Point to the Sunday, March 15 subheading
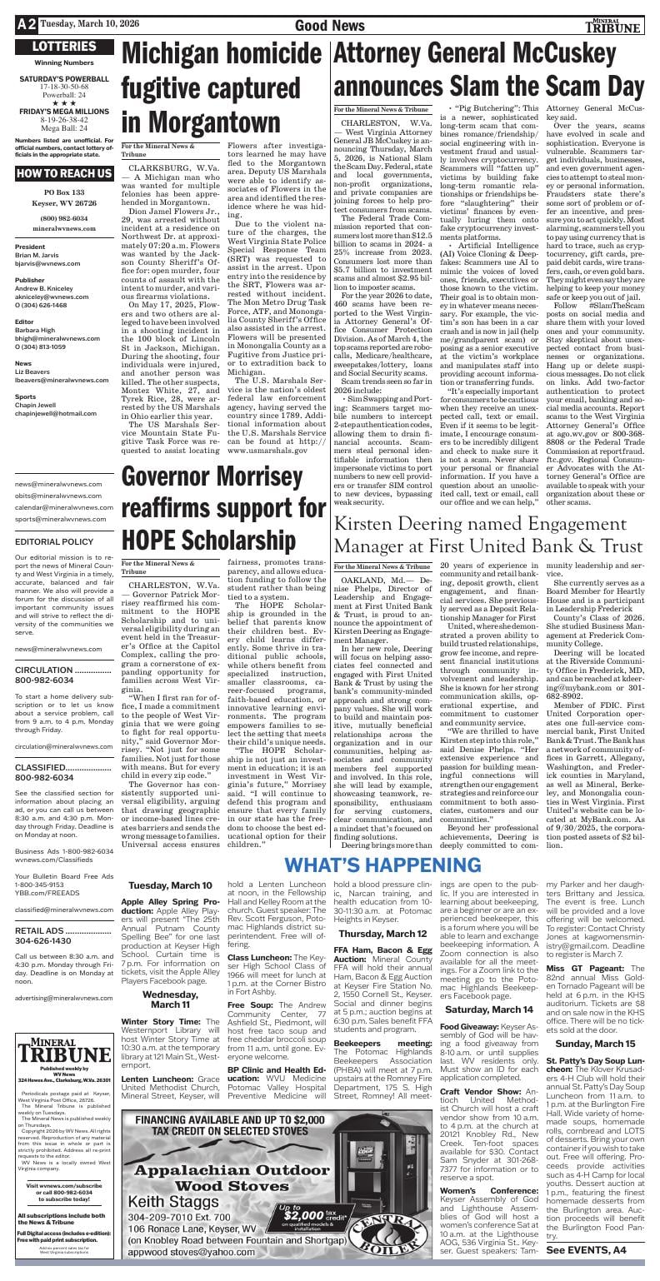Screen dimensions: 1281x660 point(595,1043)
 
